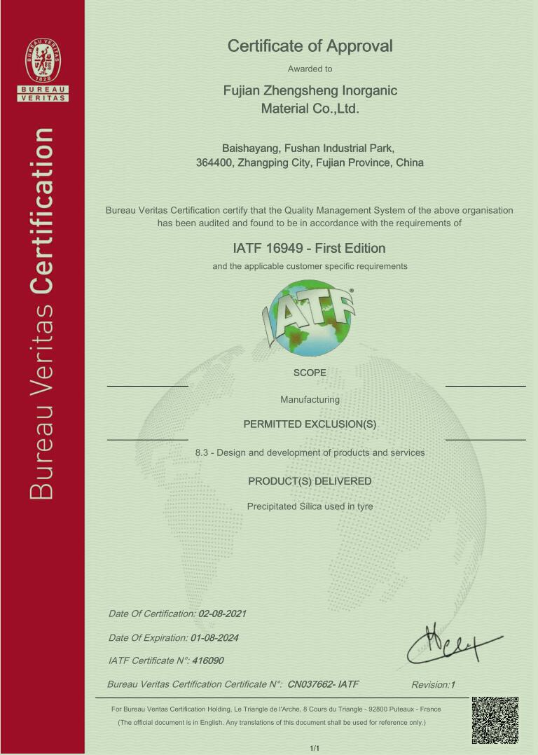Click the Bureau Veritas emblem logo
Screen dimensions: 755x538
(43, 61)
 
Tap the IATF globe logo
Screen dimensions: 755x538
(310, 317)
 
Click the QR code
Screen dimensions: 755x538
(495, 720)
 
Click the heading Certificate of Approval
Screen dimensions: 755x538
(310, 46)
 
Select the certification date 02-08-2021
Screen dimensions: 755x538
(222, 614)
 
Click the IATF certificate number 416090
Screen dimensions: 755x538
(208, 660)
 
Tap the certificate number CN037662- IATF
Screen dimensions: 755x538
(323, 684)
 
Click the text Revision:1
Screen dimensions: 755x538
(433, 685)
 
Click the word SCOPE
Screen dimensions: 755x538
(310, 373)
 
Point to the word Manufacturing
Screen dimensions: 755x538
(310, 399)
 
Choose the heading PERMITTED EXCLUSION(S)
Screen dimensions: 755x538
(310, 424)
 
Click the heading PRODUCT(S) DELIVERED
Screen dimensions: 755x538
(310, 481)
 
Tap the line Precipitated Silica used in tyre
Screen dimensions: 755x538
(310, 506)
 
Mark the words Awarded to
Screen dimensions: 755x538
(310, 69)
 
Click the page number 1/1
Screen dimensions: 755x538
(314, 749)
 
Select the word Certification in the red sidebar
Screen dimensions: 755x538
(43, 211)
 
